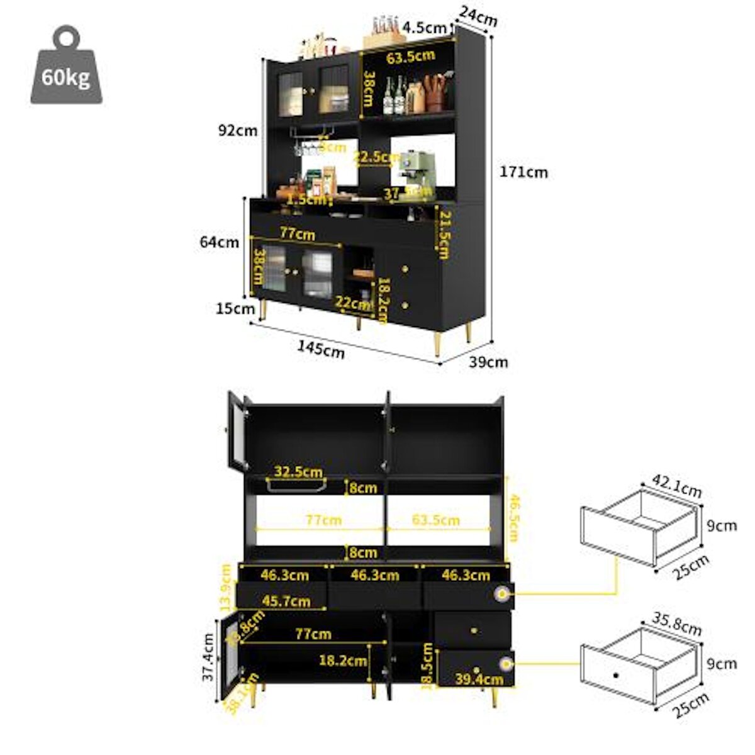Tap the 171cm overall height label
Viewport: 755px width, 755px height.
(523, 172)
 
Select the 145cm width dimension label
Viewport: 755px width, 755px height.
(321, 349)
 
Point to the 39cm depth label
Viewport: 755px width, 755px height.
(489, 362)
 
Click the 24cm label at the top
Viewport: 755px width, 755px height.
(478, 16)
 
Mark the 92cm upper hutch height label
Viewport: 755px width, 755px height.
(238, 130)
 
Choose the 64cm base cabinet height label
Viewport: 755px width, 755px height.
(219, 242)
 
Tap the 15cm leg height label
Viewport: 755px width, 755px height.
(235, 308)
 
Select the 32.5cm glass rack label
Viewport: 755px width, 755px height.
(298, 472)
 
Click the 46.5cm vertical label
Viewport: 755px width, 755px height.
(513, 518)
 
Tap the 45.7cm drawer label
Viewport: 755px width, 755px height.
(286, 601)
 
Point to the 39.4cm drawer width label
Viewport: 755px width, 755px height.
(479, 679)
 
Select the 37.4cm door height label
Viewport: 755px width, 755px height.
(209, 657)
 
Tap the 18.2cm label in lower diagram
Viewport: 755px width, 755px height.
(343, 661)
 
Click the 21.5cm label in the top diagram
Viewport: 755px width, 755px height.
(444, 235)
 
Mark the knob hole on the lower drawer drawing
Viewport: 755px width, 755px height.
(616, 675)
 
